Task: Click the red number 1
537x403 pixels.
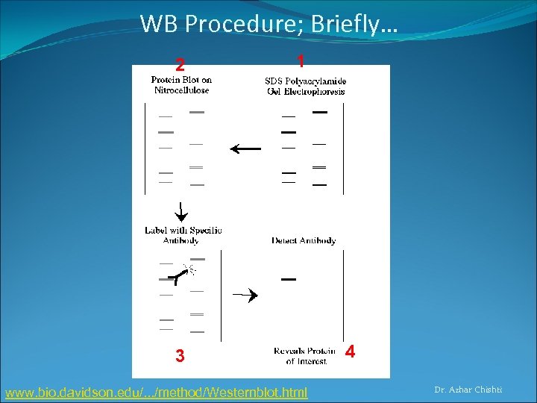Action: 299,60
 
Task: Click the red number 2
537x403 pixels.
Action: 180,64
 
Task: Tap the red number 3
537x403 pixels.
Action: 180,356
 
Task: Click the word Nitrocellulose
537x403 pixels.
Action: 181,90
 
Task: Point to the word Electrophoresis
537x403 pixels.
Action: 306,92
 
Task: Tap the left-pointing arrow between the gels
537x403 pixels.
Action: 245,149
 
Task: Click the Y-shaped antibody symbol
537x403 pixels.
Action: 176,278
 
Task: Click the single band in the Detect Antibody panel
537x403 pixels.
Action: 289,279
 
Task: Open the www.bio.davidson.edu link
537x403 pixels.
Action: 156,392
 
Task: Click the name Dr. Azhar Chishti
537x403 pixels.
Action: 468,390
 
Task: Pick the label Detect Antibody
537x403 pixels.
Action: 304,240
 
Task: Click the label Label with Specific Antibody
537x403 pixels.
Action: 183,235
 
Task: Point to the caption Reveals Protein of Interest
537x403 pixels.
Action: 306,356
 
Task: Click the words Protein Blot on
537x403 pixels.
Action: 181,80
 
